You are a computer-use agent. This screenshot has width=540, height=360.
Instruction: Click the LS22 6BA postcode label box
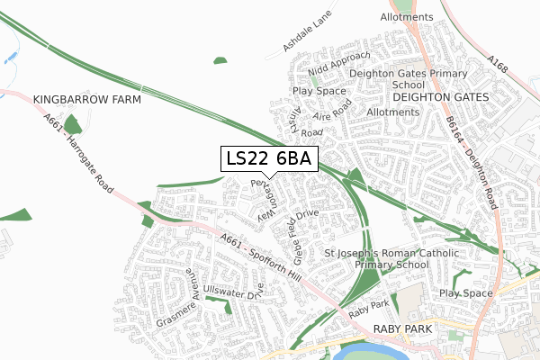click(x=268, y=158)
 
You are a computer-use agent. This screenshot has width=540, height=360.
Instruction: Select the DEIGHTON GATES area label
click(x=440, y=96)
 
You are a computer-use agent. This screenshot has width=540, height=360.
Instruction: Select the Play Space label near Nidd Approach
click(x=319, y=91)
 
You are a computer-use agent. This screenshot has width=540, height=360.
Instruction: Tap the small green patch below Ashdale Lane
click(x=220, y=60)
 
